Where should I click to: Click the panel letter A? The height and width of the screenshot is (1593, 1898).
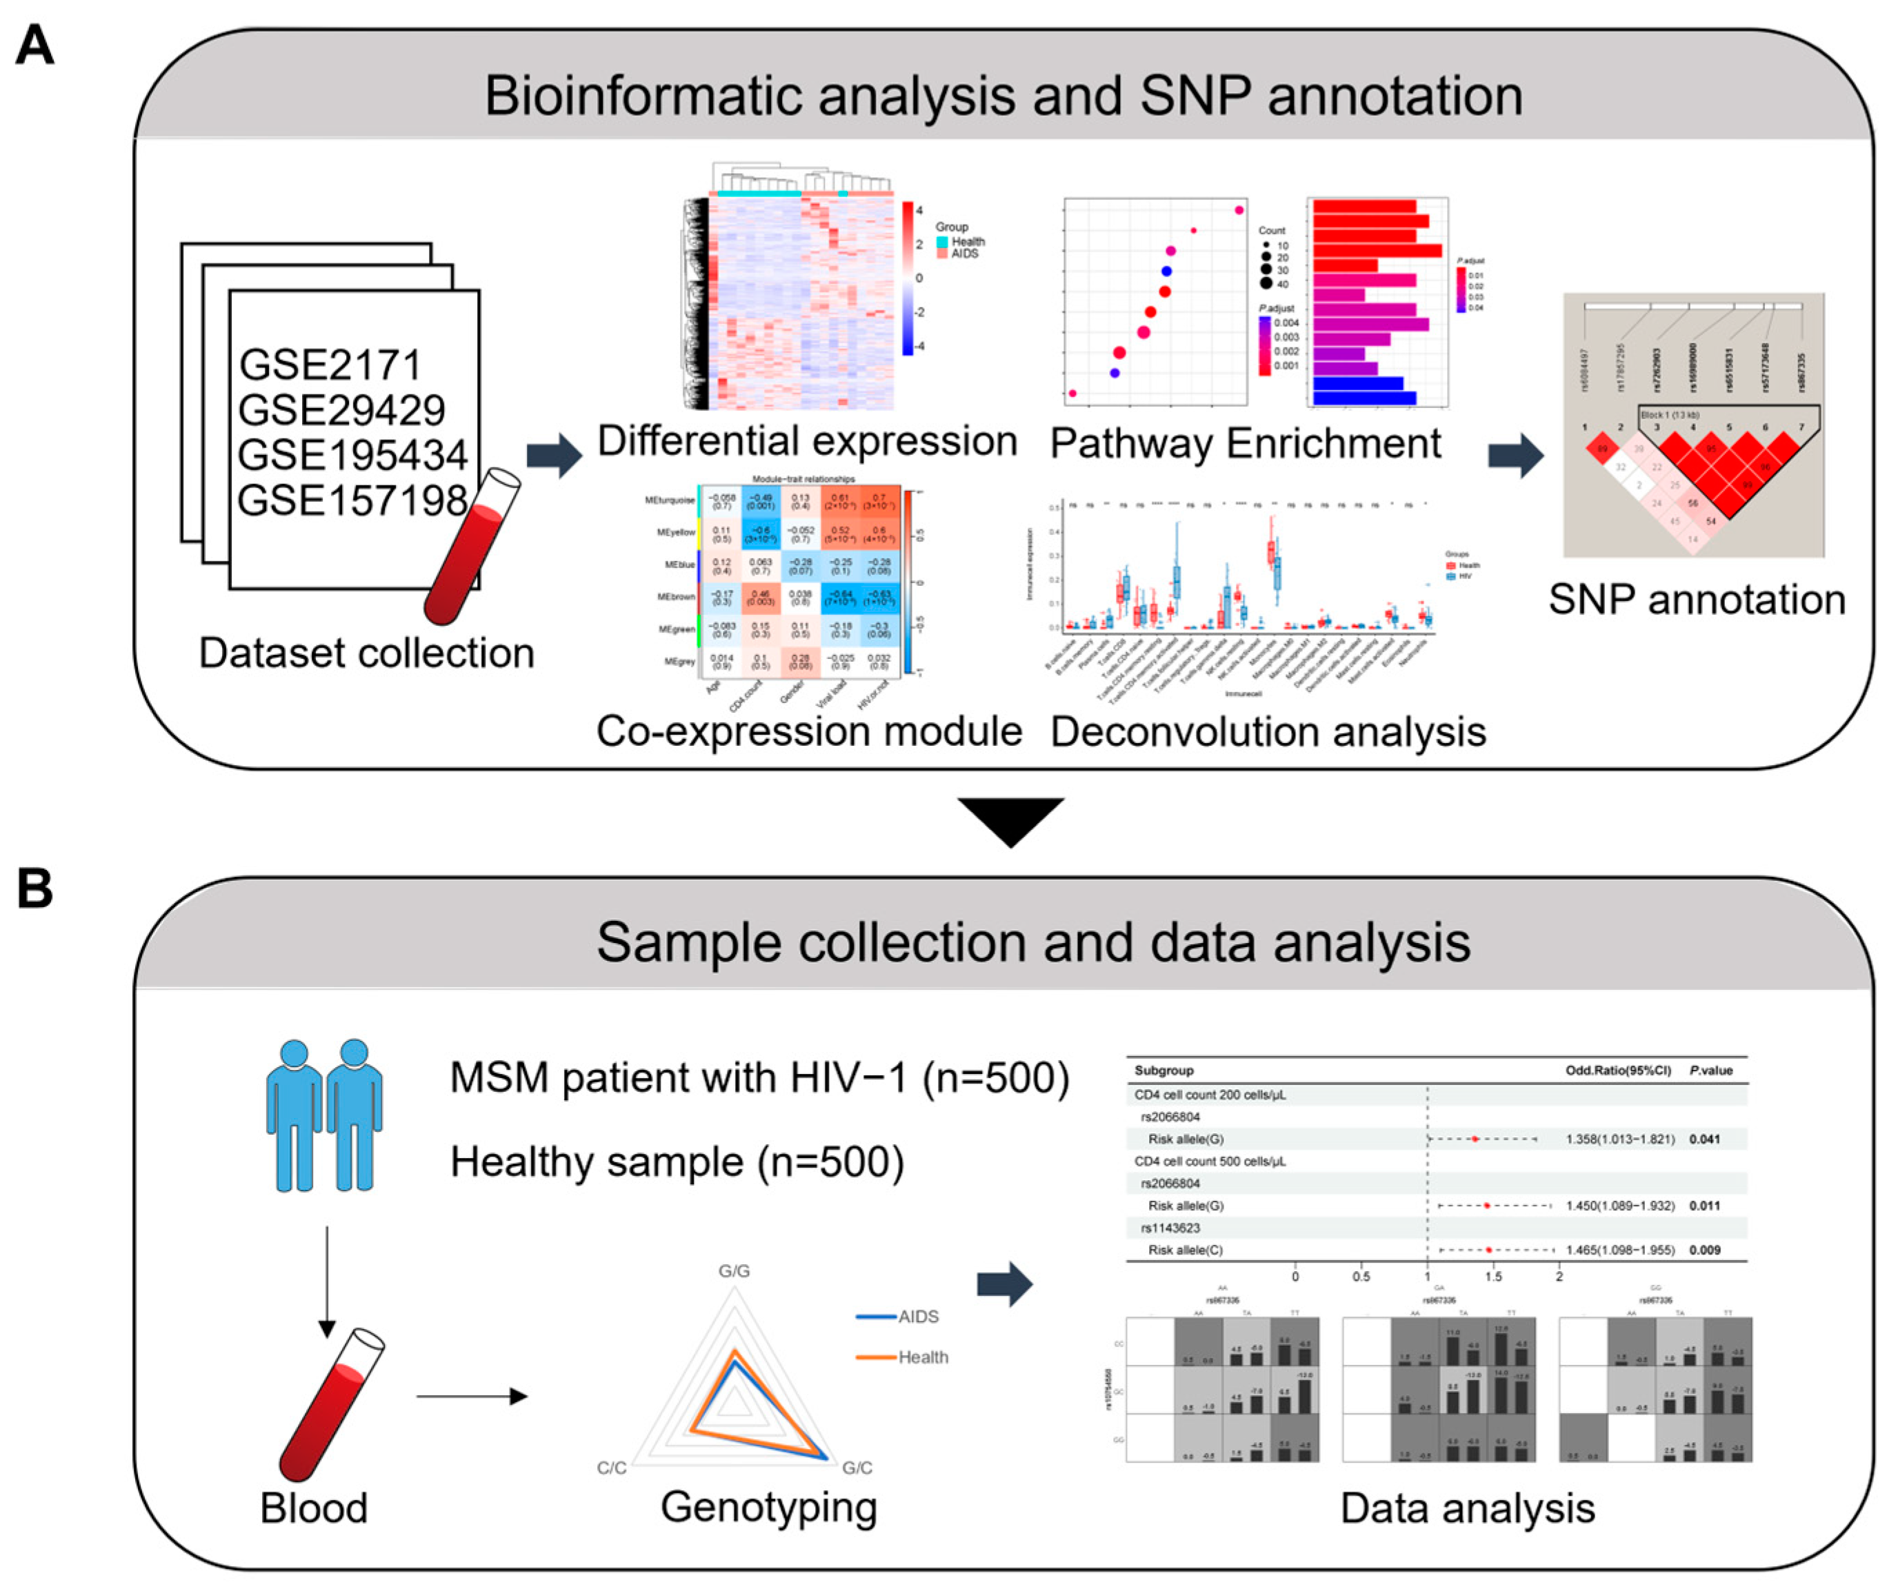click(x=35, y=45)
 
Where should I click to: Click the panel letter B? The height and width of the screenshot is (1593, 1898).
click(x=35, y=889)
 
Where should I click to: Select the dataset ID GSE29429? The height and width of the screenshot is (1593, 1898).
click(x=341, y=411)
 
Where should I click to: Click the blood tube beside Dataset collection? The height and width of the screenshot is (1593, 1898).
click(x=472, y=547)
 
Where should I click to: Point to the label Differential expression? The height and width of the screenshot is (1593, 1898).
click(x=807, y=442)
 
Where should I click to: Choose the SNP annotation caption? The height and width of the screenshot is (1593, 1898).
click(x=1697, y=600)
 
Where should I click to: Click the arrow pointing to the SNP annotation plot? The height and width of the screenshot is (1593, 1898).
click(x=1516, y=456)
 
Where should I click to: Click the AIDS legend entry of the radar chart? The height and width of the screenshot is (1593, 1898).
click(x=917, y=1317)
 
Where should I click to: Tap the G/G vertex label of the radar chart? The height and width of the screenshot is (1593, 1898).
click(x=734, y=1271)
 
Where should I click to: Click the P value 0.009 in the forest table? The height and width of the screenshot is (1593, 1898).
click(x=1705, y=1250)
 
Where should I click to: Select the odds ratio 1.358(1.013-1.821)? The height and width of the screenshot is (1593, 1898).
click(x=1619, y=1139)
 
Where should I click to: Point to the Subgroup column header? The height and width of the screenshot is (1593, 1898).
click(x=1164, y=1071)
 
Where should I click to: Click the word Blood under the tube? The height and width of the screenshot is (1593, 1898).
click(x=314, y=1509)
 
